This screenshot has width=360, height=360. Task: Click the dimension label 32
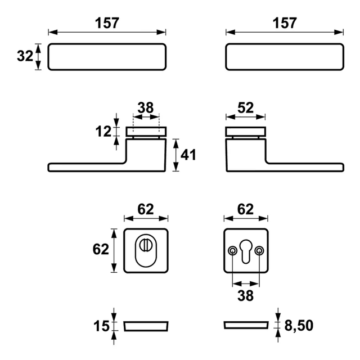click(x=25, y=57)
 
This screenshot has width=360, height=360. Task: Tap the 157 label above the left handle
click(x=107, y=23)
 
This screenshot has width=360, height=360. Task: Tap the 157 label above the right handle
click(x=284, y=23)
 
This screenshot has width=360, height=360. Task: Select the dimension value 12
click(x=103, y=132)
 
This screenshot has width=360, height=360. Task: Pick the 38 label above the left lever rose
click(x=146, y=107)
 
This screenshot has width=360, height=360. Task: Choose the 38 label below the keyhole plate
click(x=245, y=295)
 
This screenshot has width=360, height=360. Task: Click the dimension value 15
click(x=102, y=326)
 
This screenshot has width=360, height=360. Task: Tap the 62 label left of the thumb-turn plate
click(x=101, y=250)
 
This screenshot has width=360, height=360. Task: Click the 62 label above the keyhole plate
click(x=245, y=209)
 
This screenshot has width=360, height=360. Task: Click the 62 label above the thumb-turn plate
click(x=146, y=209)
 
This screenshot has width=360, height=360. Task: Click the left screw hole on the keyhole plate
click(x=232, y=250)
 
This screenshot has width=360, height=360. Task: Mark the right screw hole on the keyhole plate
click(x=259, y=250)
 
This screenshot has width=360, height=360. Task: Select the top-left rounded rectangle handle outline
click(x=107, y=57)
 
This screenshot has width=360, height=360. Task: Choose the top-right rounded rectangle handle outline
click(x=284, y=57)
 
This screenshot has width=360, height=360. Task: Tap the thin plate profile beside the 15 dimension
click(x=146, y=326)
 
